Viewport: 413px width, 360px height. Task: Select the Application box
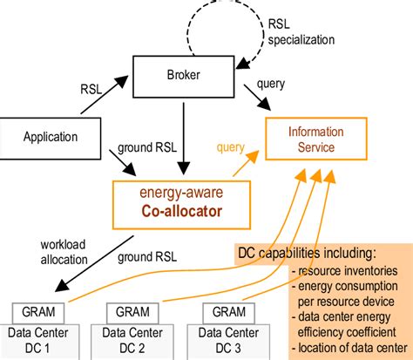[51, 137]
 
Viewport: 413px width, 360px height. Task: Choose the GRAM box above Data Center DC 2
[127, 313]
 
